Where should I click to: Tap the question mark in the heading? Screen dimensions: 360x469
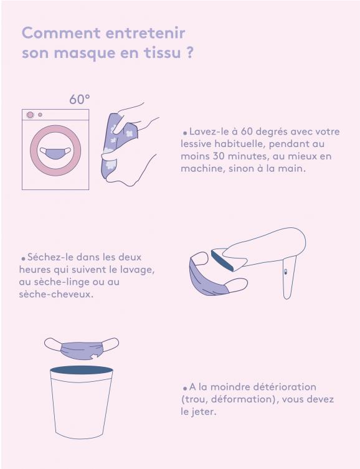click(189, 53)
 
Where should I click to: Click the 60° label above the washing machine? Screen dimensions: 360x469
click(80, 99)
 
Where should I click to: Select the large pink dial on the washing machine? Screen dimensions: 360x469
click(30, 115)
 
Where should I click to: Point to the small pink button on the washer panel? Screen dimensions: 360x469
click(40, 115)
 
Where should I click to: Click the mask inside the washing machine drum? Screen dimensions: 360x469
click(55, 153)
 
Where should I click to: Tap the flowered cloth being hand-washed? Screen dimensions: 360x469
click(118, 145)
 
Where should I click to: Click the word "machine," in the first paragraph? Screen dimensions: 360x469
click(203, 168)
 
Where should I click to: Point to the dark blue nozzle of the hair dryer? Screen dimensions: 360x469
click(222, 261)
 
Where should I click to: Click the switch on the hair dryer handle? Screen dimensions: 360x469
click(285, 272)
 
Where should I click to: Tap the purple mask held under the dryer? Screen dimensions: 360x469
click(210, 278)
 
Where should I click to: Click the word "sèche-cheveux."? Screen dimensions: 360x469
click(56, 295)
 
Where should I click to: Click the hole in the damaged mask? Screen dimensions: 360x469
click(95, 356)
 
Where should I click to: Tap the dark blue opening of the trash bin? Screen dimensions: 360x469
click(82, 370)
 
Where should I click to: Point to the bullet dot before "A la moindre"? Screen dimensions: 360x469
click(185, 388)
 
